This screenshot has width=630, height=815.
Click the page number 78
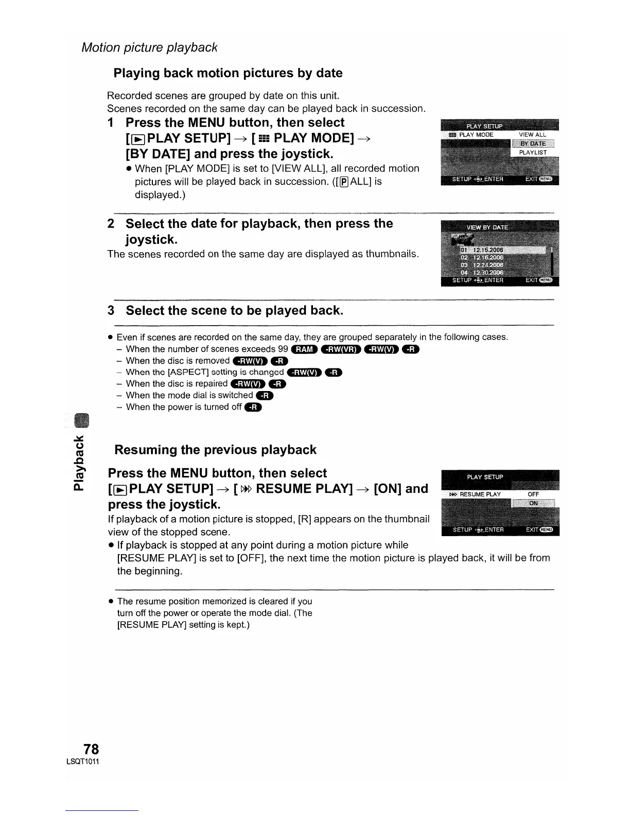coord(91,749)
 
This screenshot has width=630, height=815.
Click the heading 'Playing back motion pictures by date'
coord(228,73)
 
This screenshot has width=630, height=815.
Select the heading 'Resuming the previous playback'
coord(215,450)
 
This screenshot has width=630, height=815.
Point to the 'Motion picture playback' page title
coord(150,47)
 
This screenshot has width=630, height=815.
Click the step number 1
coord(111,123)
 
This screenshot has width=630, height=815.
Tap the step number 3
coord(111,311)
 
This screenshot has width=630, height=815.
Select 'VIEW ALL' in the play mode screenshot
coord(532,135)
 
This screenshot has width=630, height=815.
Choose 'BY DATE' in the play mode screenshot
coord(533,144)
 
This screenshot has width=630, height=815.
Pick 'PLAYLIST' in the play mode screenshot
coord(533,153)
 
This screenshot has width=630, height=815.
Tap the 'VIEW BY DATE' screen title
coord(487,227)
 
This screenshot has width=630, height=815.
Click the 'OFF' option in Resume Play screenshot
coord(533,494)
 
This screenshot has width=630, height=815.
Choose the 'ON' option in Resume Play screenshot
coord(533,503)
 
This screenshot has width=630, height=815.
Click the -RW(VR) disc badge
coord(341,350)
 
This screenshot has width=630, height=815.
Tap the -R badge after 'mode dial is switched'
coord(265,396)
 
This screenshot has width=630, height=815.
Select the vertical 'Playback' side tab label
coord(78,463)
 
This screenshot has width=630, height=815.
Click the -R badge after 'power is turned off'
coord(253,407)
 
